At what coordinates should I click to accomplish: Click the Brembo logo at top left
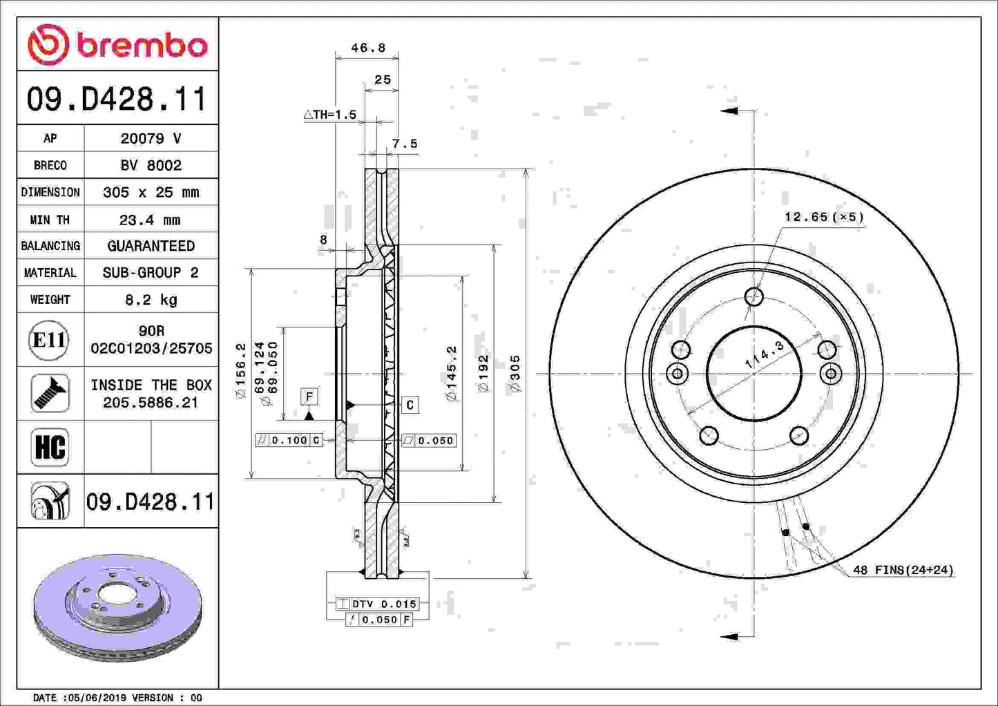pos(117,45)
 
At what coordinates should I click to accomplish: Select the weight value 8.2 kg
pos(151,300)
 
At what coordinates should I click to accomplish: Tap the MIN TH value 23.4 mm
pos(151,220)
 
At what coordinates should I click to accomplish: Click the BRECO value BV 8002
pos(151,165)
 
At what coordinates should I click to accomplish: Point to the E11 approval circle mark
pos(49,340)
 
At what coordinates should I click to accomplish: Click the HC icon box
pos(50,447)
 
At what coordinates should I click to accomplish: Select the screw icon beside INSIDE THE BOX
pos(50,393)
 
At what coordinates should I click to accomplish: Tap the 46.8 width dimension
pos(367,48)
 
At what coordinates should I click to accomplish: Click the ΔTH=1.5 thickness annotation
pos(331,115)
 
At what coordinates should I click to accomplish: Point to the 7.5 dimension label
pos(405,144)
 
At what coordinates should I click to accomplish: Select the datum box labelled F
pos(309,397)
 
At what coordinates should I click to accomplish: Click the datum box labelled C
pos(410,405)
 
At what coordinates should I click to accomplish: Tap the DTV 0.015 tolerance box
pos(378,604)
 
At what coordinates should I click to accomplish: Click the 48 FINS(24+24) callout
pos(903,570)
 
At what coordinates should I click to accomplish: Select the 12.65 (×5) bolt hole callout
pos(824,217)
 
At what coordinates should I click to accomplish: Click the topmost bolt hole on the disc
pos(754,297)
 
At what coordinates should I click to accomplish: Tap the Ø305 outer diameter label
pos(515,374)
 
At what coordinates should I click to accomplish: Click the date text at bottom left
pos(117,698)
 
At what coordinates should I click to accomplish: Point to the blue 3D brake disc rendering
pos(117,607)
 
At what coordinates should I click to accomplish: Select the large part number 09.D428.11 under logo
pos(117,99)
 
